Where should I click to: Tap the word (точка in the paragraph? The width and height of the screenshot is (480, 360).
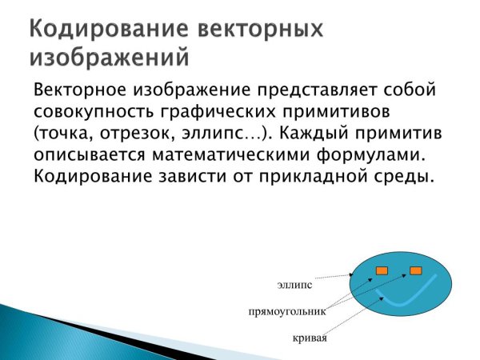coord(62,131)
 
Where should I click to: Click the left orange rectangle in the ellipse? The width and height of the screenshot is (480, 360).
coord(382,270)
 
